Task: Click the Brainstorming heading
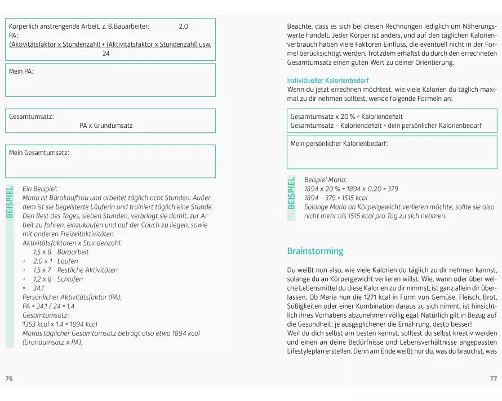[315, 251]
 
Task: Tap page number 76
[8, 378]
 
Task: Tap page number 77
[494, 378]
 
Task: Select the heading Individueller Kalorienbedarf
[328, 81]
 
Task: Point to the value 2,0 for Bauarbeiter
[184, 26]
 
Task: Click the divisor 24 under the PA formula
[106, 54]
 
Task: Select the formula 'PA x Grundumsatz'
[106, 126]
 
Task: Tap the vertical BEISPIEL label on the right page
[291, 192]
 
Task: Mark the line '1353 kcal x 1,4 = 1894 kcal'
[60, 324]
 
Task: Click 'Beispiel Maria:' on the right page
[325, 180]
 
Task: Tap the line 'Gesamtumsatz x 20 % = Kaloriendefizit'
[346, 117]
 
